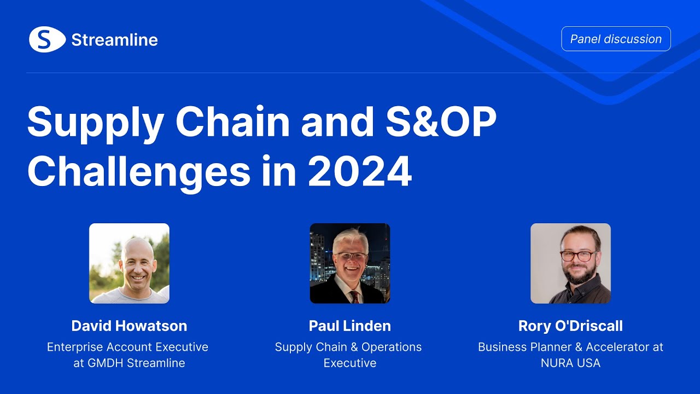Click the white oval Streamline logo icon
47,39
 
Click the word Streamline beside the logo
115,40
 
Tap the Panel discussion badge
616,39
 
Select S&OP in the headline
441,121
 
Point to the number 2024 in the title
360,172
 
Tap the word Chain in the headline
233,121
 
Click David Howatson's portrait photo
130,263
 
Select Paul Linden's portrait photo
350,263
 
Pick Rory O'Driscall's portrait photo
570,263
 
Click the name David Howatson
129,326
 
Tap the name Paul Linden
349,326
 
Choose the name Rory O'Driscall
570,326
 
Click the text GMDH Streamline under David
136,363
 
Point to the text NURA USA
570,363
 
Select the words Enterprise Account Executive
127,347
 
